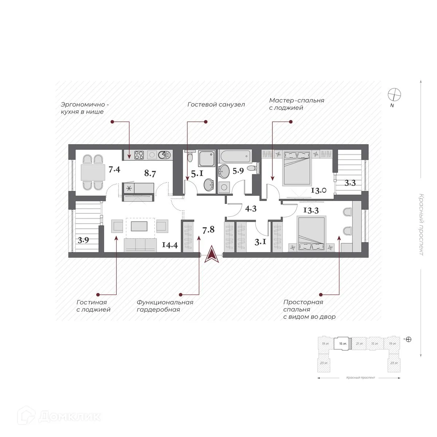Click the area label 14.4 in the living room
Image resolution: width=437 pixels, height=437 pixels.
coord(170,245)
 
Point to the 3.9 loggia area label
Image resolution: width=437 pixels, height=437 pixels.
coord(83,240)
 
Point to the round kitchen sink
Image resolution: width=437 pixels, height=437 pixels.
coord(165,155)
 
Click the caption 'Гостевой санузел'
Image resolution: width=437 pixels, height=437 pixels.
coord(216,105)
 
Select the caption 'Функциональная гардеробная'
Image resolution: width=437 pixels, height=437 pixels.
coord(165,306)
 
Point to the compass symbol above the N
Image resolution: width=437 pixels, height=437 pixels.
coord(394,94)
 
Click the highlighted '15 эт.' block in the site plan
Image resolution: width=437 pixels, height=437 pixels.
coord(343,343)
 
